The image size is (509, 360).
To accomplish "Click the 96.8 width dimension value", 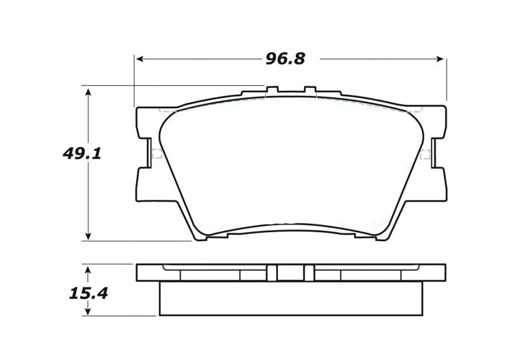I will coord(285,59).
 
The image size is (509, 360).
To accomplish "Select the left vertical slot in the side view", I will coord(272,272).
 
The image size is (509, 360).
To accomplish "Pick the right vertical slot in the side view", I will coord(309,272).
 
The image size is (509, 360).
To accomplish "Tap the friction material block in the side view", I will coord(290,298).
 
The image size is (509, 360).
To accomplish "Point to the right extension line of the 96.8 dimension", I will coord(447,80).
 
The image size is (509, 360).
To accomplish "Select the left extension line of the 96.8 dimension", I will coord(134,80).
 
